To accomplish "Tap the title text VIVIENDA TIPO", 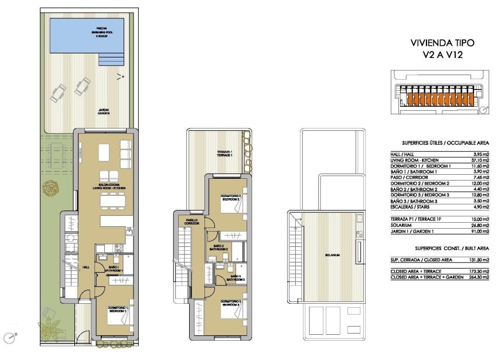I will pos(441,43).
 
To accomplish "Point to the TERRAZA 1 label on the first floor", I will pos(224,154).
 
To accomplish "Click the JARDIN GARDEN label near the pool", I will pos(104,111).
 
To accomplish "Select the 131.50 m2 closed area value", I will pos(477,260).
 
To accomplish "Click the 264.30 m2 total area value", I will pos(477,277).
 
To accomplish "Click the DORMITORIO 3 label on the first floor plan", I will pos(230,303).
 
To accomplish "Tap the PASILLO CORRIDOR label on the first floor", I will pos(192,222).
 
